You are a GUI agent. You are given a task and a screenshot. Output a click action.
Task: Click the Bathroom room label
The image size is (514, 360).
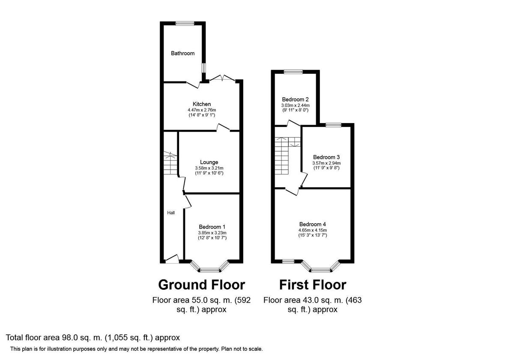(182, 54)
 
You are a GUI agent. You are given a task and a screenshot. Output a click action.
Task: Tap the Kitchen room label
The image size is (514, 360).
(201, 104)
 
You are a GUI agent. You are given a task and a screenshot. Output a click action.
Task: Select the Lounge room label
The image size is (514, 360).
(209, 162)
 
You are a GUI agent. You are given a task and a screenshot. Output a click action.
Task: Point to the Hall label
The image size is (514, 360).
(171, 213)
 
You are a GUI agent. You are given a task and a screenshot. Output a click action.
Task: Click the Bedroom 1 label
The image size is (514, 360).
(212, 227)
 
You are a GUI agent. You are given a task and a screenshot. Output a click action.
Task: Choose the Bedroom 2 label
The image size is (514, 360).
(295, 99)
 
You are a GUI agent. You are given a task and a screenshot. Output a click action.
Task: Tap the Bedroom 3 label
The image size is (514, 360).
(326, 157)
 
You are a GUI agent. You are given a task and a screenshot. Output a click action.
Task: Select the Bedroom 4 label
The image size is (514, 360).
(312, 224)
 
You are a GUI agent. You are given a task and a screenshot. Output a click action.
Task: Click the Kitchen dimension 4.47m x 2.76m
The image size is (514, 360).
(201, 110)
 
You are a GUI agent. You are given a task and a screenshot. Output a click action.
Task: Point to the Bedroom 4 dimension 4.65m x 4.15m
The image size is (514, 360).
(312, 230)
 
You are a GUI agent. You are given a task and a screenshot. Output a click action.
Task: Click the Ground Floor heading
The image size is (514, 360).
(201, 285)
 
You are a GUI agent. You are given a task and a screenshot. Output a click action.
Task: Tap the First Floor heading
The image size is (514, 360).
(313, 285)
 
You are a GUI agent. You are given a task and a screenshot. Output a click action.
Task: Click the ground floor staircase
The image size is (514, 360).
(170, 163)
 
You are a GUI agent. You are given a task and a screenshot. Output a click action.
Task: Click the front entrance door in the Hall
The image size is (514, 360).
(172, 259)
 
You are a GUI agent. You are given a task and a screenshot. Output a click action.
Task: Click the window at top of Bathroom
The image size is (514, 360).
(185, 24)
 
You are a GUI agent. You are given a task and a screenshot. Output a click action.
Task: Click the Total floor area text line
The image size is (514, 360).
(93, 338)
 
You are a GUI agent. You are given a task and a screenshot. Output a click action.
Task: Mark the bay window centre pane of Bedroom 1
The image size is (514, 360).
(210, 270)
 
